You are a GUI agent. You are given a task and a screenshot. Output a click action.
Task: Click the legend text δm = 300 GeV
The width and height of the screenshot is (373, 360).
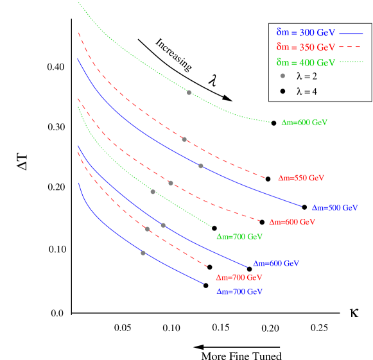pyautogui.click(x=306, y=32)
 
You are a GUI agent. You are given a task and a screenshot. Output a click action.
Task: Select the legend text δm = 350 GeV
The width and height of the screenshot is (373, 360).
pyautogui.click(x=306, y=47)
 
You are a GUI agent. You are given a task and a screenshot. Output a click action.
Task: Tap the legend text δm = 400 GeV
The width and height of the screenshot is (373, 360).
pyautogui.click(x=306, y=63)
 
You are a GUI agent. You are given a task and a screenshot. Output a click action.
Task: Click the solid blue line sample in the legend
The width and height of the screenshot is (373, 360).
pyautogui.click(x=351, y=32)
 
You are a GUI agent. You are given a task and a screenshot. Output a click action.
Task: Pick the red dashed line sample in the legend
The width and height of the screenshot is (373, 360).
pyautogui.click(x=351, y=47)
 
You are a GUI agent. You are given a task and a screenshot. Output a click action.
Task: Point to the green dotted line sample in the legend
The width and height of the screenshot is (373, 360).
pyautogui.click(x=351, y=62)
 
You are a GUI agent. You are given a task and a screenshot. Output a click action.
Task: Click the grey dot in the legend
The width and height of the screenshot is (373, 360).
pyautogui.click(x=282, y=76)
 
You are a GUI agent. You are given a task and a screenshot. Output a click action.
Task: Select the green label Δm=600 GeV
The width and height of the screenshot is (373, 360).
pyautogui.click(x=304, y=123)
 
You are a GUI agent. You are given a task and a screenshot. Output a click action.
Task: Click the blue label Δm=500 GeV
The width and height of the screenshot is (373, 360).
pyautogui.click(x=334, y=208)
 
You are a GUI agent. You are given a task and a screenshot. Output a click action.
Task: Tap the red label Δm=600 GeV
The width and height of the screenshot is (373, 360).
pyautogui.click(x=292, y=222)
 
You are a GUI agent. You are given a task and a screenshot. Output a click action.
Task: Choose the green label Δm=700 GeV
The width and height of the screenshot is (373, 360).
pyautogui.click(x=239, y=237)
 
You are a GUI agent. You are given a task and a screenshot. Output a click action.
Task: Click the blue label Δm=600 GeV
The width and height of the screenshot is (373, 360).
pyautogui.click(x=276, y=264)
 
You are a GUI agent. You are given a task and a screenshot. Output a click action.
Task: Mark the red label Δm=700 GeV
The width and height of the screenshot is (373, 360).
pyautogui.click(x=239, y=278)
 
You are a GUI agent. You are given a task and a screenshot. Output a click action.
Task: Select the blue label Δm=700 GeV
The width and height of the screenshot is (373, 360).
pyautogui.click(x=239, y=291)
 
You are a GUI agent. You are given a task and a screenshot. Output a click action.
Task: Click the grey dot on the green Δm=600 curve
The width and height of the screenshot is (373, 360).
pyautogui.click(x=189, y=92)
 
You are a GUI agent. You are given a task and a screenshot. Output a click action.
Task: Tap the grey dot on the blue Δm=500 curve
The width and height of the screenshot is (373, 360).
pyautogui.click(x=201, y=166)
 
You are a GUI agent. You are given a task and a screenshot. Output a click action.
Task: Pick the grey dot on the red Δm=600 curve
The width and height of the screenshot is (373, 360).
pyautogui.click(x=171, y=183)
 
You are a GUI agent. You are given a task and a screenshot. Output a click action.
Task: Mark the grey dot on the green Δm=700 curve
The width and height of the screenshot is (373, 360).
pyautogui.click(x=153, y=191)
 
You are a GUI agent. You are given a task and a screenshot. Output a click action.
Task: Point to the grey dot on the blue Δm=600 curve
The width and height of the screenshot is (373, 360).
pyautogui.click(x=163, y=225)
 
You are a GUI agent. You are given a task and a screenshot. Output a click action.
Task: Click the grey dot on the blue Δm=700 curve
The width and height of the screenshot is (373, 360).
pyautogui.click(x=143, y=253)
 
